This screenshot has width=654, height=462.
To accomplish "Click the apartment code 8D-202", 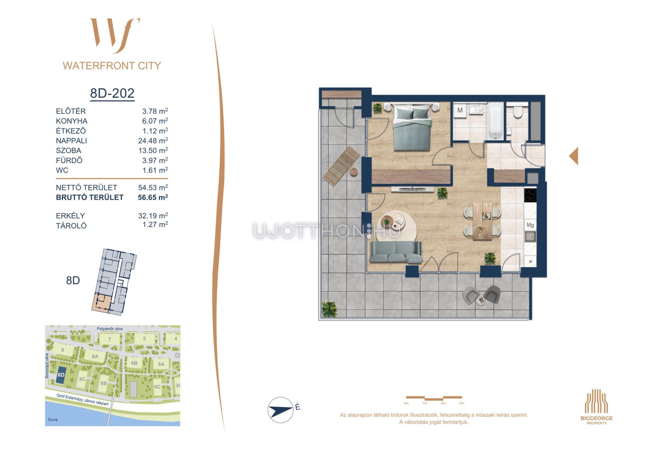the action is [112, 93].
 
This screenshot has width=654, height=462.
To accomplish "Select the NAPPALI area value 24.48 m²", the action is [153, 141].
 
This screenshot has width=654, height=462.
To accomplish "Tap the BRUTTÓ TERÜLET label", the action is [90, 197].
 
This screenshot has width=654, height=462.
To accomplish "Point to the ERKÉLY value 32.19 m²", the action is [153, 216].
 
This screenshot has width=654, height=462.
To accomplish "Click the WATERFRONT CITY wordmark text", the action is [112, 66].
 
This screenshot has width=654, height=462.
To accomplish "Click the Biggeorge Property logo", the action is [596, 407].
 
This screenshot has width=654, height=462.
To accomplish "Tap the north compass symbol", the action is [281, 410].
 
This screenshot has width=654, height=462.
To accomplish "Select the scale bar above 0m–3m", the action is [434, 398].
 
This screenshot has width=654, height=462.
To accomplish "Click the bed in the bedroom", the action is [412, 127].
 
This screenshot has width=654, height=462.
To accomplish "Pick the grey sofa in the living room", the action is [396, 252].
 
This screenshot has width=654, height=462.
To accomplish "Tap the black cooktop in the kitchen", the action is [530, 195].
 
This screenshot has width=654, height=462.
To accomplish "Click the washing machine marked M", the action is [460, 110].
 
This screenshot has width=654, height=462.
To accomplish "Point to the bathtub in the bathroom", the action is [495, 122].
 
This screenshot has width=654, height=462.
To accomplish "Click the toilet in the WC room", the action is [518, 111].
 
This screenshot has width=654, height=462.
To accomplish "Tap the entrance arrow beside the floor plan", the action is [574, 156].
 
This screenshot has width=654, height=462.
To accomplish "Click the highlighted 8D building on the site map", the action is [61, 375].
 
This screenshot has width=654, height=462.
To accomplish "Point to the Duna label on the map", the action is [53, 419].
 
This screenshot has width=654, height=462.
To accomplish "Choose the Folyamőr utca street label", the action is [110, 329].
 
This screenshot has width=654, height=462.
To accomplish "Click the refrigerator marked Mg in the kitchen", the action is [530, 225].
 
